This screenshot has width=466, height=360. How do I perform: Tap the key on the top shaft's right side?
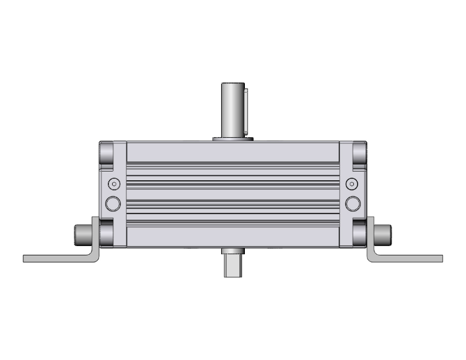[x=246, y=110]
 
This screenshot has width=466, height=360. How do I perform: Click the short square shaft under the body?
[x=232, y=265]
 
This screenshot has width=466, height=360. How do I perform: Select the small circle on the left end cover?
[x=113, y=184]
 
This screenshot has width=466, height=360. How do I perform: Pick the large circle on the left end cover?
[x=113, y=203]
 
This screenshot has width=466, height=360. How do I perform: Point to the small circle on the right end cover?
[x=353, y=184]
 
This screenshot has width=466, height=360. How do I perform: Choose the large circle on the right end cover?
[x=353, y=203]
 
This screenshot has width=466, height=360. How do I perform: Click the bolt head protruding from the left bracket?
[x=82, y=235]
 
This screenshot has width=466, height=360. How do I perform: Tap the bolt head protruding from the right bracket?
[x=384, y=235]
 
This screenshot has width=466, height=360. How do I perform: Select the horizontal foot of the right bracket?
[x=410, y=258]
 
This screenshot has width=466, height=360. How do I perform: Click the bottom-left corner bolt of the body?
[x=106, y=232]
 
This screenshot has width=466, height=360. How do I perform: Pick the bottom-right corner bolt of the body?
[x=360, y=232]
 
